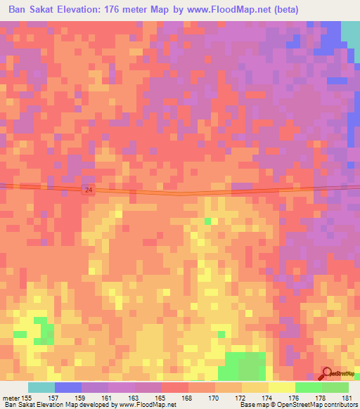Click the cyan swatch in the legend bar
coord(41,387)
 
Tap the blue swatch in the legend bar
coord(68,387)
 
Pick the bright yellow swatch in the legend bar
coord(282,387)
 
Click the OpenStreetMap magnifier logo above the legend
coord(327,373)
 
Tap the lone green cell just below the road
coord(207,221)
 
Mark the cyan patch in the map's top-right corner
coord(350,31)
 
